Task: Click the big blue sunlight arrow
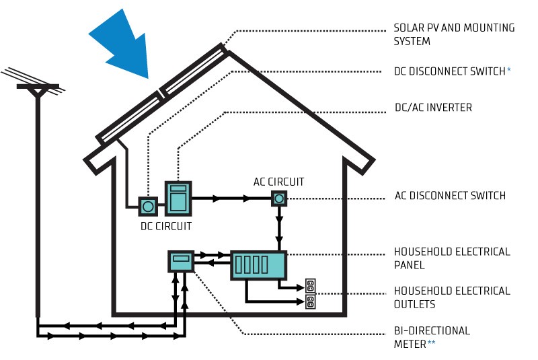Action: coord(121,44)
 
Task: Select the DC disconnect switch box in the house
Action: coord(148,205)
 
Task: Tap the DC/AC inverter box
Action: coord(178,198)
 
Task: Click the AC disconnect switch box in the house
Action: coord(279,198)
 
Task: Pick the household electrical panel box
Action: coord(259,265)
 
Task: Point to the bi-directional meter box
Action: coord(181,262)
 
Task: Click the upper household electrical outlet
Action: coord(311,285)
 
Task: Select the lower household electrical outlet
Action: coord(311,301)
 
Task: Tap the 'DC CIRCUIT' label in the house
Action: coord(165,226)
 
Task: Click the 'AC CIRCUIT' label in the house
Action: coord(278,182)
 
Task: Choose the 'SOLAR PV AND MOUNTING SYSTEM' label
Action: coord(454,34)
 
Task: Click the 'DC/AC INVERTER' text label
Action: coord(432,108)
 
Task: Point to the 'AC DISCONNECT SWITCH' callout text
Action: coord(450,196)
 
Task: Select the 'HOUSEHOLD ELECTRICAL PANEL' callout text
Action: coord(452,258)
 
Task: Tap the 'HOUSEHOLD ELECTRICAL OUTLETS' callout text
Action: coord(452,297)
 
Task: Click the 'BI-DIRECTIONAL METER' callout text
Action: coord(432,337)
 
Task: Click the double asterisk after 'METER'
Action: coord(432,343)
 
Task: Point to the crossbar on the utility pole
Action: coord(38,87)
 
